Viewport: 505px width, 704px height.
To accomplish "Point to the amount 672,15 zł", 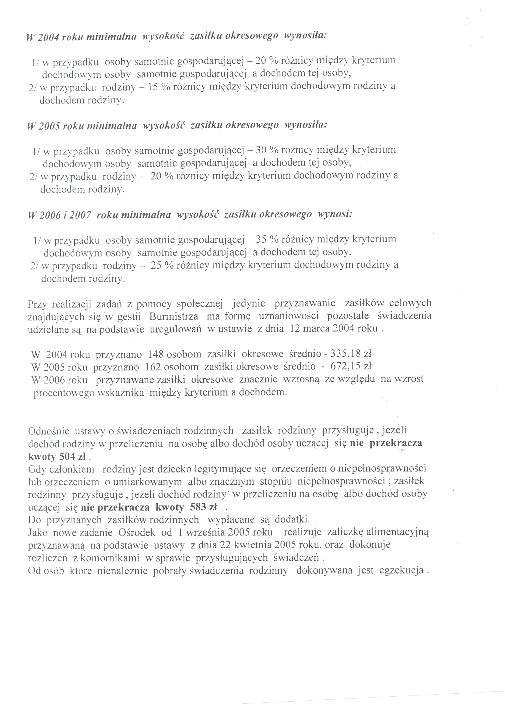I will click(351, 366).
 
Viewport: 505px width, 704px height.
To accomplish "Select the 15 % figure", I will click(159, 87).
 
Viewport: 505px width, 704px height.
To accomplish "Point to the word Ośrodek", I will click(136, 532).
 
